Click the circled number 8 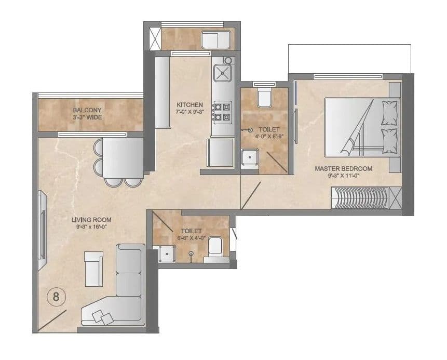coord(56,298)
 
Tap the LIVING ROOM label coord(91,220)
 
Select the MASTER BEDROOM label coord(344,168)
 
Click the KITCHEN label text coord(189,104)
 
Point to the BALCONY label coord(87,110)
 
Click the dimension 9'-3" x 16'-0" coord(91,227)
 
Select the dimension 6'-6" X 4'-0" coord(191,238)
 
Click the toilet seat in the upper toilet coord(264,97)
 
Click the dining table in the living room coord(123,157)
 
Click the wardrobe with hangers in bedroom coord(360,198)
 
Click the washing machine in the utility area coord(218,39)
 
